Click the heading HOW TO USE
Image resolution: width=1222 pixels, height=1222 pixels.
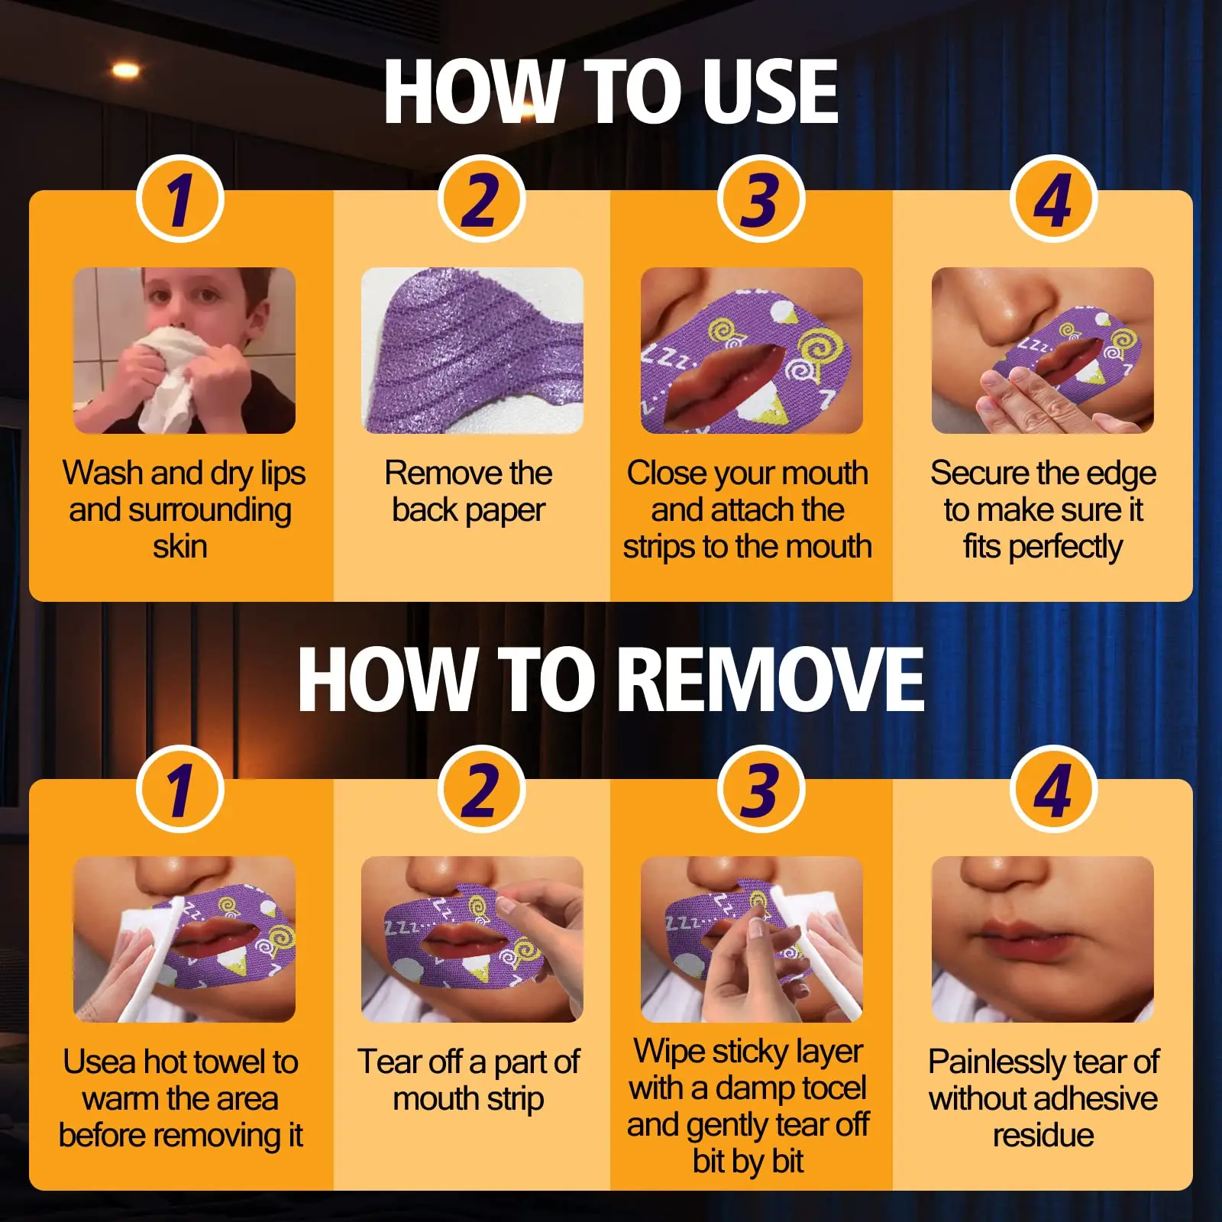click(x=611, y=92)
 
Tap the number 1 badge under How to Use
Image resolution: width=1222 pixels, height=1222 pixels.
click(x=180, y=199)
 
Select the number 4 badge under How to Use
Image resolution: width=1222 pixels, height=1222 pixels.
click(x=1053, y=199)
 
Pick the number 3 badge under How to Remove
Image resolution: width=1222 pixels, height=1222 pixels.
click(x=761, y=789)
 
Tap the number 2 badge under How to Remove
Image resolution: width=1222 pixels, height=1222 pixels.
click(x=481, y=789)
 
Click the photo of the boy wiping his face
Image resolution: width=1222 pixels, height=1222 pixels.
click(x=184, y=351)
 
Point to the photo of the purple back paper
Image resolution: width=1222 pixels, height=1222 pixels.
click(x=472, y=351)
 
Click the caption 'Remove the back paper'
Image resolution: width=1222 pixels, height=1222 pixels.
click(x=468, y=491)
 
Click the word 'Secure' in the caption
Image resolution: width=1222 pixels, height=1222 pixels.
click(x=980, y=473)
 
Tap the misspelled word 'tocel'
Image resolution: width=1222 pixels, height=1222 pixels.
click(x=831, y=1088)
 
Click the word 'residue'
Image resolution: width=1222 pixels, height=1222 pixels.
click(x=1043, y=1136)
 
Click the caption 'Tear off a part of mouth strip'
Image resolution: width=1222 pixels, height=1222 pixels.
click(x=468, y=1080)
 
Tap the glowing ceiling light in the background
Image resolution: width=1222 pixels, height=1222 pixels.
click(x=126, y=70)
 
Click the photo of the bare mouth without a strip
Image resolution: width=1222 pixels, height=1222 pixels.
click(x=1043, y=939)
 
